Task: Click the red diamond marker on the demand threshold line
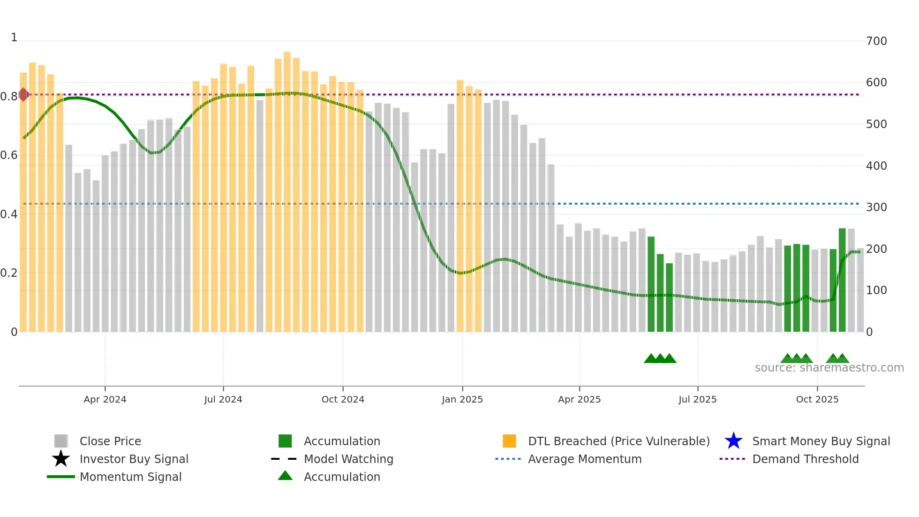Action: [x=23, y=95]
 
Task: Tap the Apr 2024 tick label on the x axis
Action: [x=105, y=399]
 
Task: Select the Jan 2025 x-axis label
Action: [x=462, y=399]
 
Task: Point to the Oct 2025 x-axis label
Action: [x=817, y=399]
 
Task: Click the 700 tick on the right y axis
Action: [x=876, y=41]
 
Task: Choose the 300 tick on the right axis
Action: [x=876, y=207]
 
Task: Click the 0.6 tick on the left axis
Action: [x=8, y=155]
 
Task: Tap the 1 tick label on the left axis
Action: [x=14, y=38]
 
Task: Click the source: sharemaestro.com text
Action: [x=829, y=368]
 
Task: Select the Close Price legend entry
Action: [x=110, y=441]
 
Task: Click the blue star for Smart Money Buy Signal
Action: [x=733, y=441]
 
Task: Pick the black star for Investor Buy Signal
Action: [x=61, y=459]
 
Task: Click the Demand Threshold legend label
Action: [x=805, y=459]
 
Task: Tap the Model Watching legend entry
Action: [x=348, y=459]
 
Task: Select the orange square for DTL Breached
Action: [x=509, y=441]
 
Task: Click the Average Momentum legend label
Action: [x=584, y=459]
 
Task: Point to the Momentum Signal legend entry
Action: [x=130, y=477]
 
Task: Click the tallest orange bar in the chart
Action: [x=287, y=188]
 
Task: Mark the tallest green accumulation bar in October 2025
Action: [x=842, y=281]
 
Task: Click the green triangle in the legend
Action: [x=285, y=476]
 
